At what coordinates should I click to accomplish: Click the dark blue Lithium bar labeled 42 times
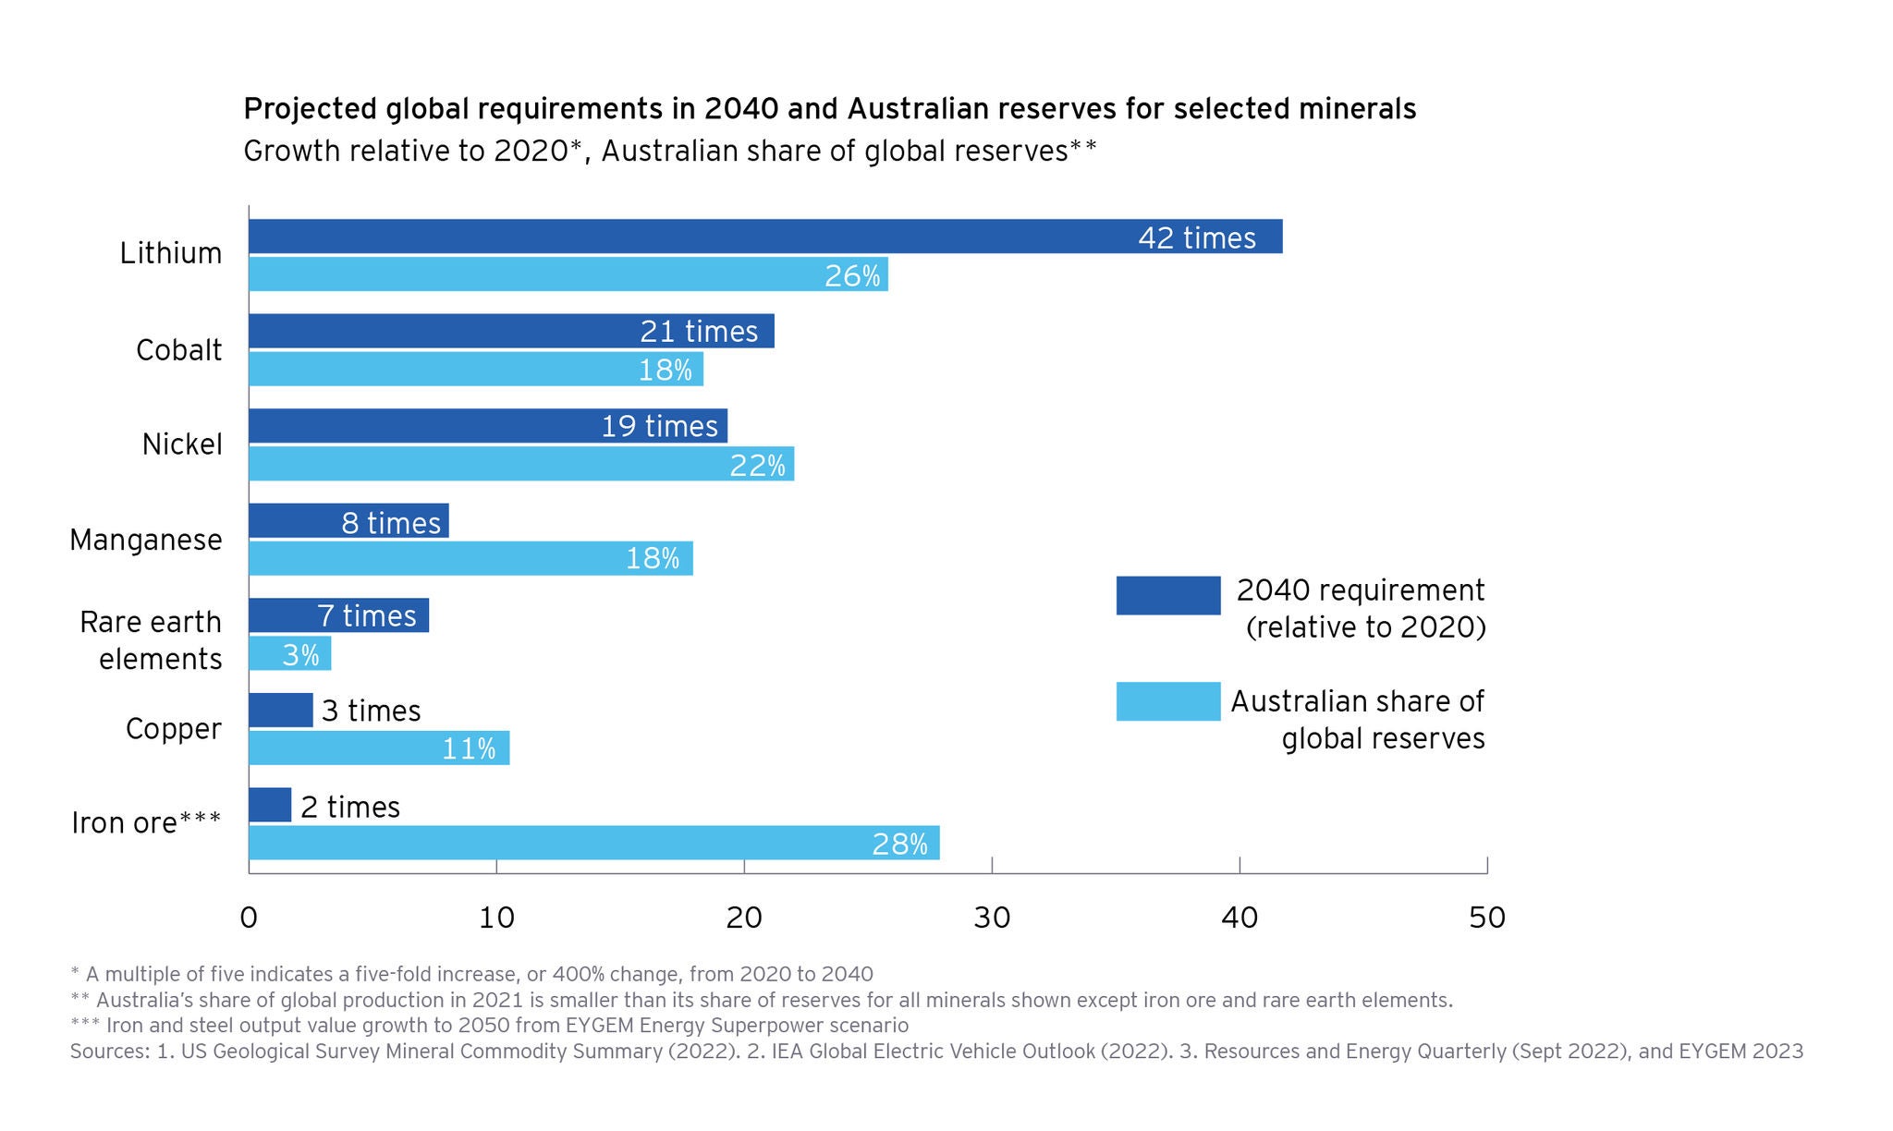click(765, 237)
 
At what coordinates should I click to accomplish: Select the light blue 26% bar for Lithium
click(568, 274)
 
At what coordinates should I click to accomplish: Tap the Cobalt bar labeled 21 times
click(510, 331)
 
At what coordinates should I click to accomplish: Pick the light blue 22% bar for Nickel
click(520, 464)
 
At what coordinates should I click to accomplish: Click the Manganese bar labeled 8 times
click(348, 521)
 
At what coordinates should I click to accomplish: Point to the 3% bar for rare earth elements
click(289, 654)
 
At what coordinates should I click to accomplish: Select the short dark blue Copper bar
click(280, 711)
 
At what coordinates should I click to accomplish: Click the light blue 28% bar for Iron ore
click(593, 843)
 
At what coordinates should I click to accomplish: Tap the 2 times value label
click(350, 808)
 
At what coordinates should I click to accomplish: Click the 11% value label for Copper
click(469, 748)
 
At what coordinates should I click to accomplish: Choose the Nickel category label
click(182, 444)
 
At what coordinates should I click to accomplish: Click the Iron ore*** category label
click(146, 822)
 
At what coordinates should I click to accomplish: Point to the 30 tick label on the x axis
click(992, 918)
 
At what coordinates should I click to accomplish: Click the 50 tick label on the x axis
click(1487, 918)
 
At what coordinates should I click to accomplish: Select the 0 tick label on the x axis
click(249, 918)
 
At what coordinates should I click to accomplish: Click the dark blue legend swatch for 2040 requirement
click(1168, 596)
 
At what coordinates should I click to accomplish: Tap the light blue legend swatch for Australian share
click(1168, 701)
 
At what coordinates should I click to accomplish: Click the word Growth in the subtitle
click(292, 151)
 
